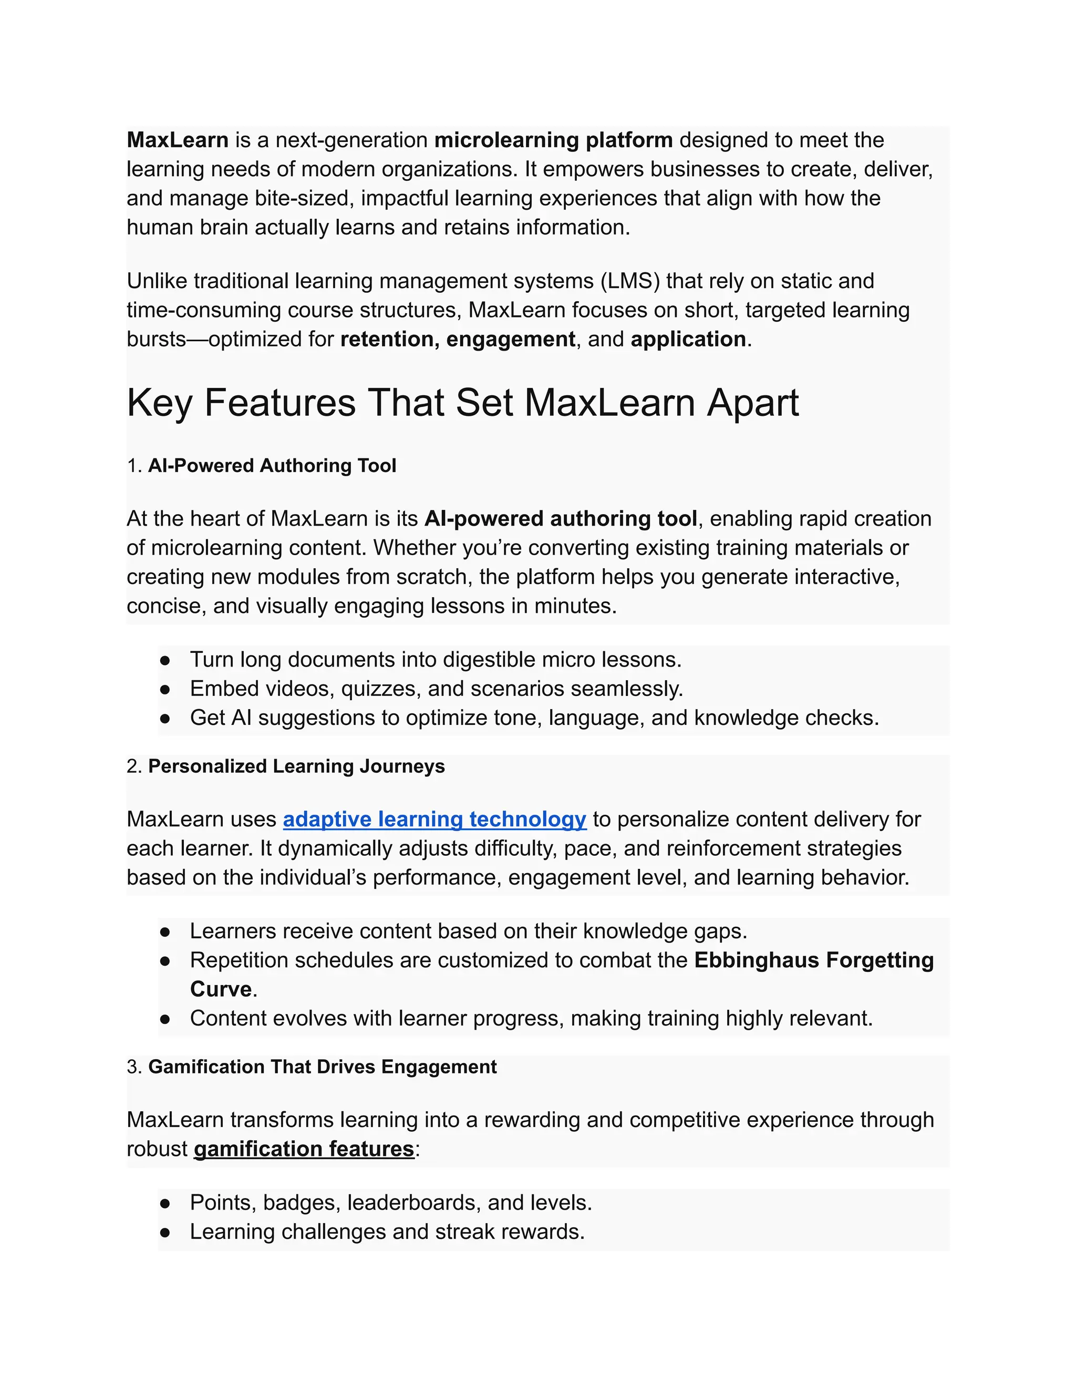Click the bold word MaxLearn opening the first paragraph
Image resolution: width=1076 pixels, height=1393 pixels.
point(177,140)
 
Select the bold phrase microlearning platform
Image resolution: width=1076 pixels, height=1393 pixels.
point(553,140)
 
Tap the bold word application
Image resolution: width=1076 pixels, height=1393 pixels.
point(688,339)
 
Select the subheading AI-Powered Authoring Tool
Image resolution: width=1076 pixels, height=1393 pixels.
point(272,466)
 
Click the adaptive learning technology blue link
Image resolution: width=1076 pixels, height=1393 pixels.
point(434,819)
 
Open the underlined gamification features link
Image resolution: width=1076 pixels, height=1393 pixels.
point(304,1149)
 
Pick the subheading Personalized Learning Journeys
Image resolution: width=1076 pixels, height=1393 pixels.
point(296,766)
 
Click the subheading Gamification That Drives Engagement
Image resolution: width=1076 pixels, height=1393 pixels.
point(322,1067)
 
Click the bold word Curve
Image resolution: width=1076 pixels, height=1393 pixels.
point(221,989)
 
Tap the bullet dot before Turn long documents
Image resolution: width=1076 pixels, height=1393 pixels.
point(165,660)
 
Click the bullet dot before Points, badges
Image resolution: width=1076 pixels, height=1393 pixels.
point(165,1204)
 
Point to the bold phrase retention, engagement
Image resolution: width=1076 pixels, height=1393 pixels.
point(457,339)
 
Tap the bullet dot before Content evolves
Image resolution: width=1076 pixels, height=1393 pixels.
point(165,1019)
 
